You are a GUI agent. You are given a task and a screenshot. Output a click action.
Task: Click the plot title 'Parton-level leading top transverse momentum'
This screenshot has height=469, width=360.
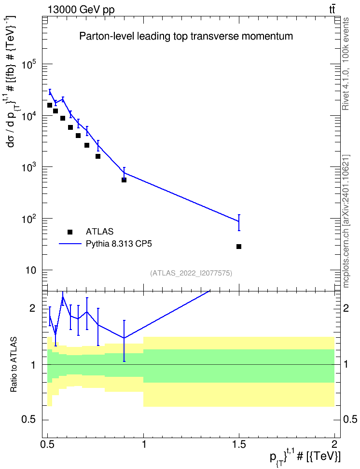[x=186, y=37]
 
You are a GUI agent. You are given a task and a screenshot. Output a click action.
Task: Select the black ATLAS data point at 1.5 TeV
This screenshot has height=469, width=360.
[x=239, y=247]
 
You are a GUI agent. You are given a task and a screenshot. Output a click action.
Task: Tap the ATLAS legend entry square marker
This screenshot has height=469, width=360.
[x=70, y=232]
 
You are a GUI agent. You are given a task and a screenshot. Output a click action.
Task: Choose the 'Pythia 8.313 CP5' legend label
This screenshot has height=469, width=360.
[x=119, y=244]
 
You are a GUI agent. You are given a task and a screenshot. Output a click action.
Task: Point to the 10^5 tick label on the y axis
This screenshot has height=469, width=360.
[x=29, y=63]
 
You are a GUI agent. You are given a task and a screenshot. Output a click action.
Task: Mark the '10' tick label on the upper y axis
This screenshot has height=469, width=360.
[x=31, y=270]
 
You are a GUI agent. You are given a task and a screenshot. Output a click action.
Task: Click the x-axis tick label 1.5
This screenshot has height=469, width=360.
[x=239, y=444]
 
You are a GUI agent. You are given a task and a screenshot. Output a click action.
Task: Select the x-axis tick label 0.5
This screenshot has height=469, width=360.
[x=48, y=444]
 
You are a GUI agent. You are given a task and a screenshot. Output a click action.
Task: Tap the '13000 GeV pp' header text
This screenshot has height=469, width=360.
[x=81, y=10]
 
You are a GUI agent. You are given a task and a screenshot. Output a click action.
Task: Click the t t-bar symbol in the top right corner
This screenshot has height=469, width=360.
[x=332, y=9]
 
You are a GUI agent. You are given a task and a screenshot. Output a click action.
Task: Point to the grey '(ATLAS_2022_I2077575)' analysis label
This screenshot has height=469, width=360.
[x=191, y=273]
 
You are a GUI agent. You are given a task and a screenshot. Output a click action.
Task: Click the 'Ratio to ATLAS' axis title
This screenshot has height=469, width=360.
[x=13, y=365]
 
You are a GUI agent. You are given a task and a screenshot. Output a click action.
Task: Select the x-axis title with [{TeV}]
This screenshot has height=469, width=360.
[x=305, y=457]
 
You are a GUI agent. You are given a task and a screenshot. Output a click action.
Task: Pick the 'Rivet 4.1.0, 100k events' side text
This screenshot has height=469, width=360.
[x=346, y=64]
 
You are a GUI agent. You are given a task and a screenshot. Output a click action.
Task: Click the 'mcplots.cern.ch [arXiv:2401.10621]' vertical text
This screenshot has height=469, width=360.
[x=346, y=221]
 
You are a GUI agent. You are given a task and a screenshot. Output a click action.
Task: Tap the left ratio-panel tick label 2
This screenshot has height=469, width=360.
[x=32, y=308]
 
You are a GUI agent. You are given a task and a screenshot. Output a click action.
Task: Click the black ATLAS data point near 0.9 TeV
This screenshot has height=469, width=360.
[x=124, y=180]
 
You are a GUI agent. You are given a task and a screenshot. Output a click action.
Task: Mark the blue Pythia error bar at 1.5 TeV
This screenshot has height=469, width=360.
[x=239, y=222]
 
